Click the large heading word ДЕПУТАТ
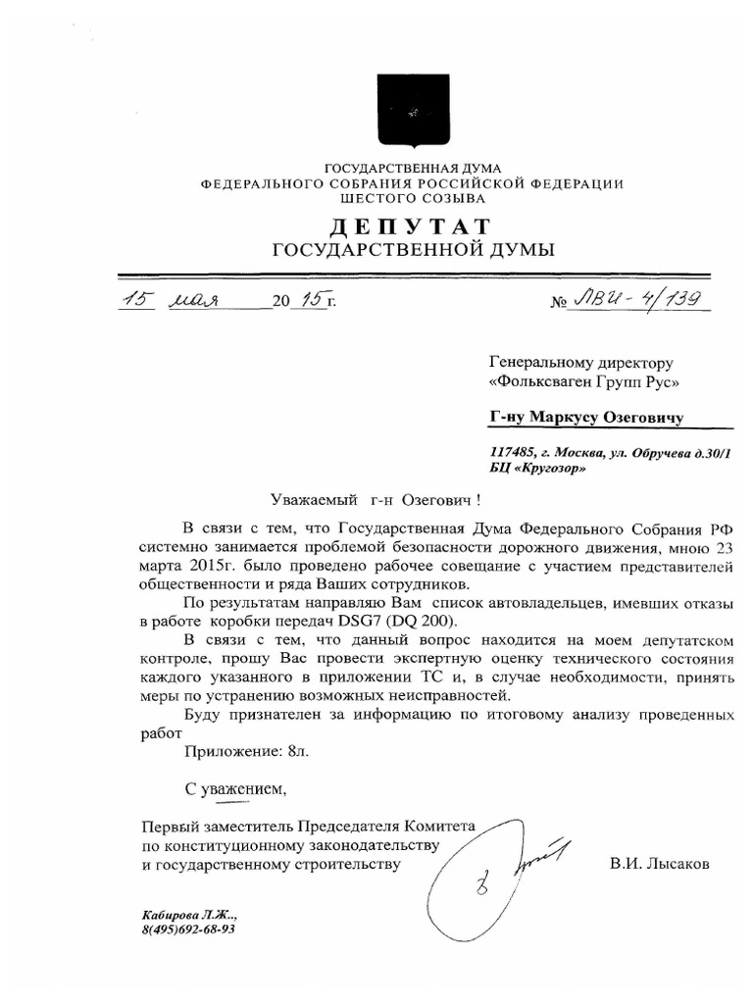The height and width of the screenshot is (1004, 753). (412, 226)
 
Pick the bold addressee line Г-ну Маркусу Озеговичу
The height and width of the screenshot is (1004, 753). (586, 418)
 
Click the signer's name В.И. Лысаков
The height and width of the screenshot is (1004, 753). (657, 864)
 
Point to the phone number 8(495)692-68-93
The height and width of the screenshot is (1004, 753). (188, 929)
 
